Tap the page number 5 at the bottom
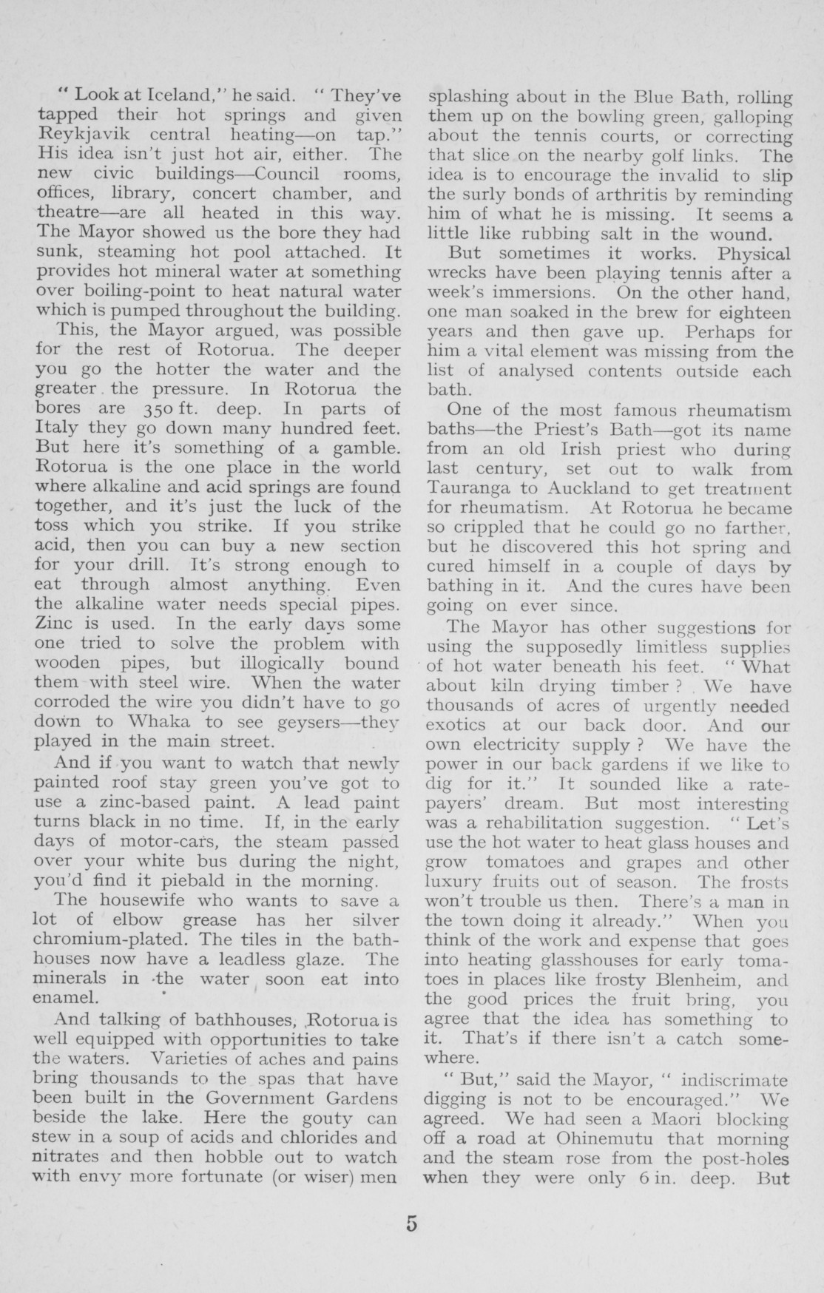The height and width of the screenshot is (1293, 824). pos(411,1224)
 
